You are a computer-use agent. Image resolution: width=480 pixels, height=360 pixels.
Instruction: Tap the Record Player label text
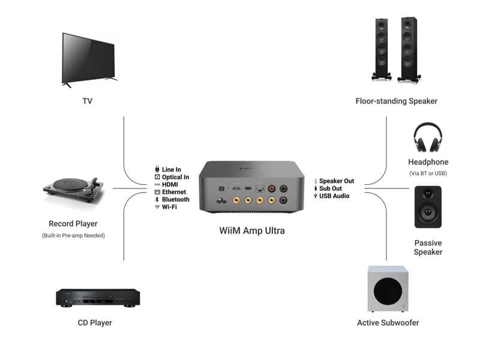click(73, 224)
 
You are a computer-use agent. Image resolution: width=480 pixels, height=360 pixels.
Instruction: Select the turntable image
click(73, 191)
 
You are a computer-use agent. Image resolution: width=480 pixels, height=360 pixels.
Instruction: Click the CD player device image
click(98, 297)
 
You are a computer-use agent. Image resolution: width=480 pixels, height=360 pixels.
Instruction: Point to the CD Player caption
click(95, 323)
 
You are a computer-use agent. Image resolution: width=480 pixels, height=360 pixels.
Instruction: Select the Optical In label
click(175, 177)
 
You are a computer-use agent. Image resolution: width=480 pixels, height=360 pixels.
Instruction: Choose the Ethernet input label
click(174, 192)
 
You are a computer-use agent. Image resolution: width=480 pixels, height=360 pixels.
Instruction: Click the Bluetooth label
click(175, 199)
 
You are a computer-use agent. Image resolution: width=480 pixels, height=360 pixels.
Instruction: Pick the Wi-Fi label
click(169, 206)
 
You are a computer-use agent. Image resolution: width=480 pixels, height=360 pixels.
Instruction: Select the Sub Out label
click(331, 188)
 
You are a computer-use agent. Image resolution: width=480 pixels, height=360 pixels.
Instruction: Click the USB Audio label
click(334, 196)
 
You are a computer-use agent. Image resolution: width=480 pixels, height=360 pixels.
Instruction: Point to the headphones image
click(428, 138)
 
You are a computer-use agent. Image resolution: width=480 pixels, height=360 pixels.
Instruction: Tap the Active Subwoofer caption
click(388, 323)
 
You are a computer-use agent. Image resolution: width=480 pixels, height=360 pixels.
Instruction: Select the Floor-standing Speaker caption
click(396, 101)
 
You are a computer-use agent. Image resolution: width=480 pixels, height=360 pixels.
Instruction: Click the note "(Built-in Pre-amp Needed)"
click(73, 235)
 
